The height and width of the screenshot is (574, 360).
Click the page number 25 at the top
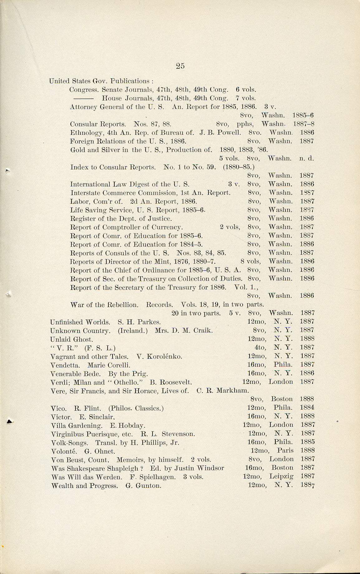click(180, 66)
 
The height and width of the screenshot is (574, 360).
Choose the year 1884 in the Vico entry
click(307, 407)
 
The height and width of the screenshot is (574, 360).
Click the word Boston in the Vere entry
click(282, 399)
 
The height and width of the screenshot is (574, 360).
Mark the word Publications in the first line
click(129, 81)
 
